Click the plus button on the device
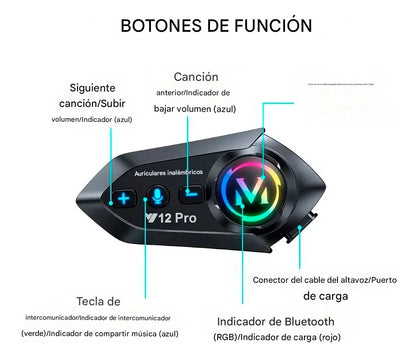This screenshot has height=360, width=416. pyautogui.click(x=124, y=199)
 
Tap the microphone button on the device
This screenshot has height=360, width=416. pyautogui.click(x=158, y=196)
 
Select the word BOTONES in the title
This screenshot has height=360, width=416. pyautogui.click(x=160, y=24)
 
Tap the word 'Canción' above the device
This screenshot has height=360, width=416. pyautogui.click(x=196, y=76)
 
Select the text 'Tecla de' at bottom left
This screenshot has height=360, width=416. pyautogui.click(x=98, y=300)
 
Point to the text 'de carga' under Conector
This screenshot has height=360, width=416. pyautogui.click(x=332, y=296)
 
